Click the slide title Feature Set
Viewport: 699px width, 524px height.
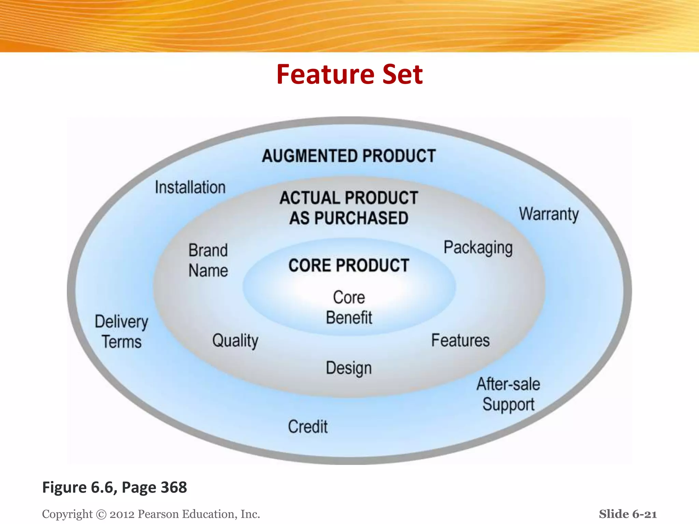[349, 74]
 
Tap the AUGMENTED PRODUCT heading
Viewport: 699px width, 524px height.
[349, 156]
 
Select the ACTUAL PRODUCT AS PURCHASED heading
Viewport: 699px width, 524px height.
[349, 208]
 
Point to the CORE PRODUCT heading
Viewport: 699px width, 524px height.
[349, 265]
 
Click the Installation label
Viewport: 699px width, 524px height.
[190, 187]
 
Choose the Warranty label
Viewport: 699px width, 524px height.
[549, 214]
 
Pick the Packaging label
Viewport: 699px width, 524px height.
[478, 248]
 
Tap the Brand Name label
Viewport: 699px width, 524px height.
[208, 260]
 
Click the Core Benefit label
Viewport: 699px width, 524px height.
[349, 307]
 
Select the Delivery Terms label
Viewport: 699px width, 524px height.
[122, 332]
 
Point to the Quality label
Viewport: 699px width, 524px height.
[235, 341]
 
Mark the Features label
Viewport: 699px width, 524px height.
[460, 340]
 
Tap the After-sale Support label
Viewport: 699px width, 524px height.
[508, 394]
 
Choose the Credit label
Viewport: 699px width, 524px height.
[308, 426]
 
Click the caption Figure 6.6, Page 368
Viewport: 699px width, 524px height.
[115, 487]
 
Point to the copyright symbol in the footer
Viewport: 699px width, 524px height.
[101, 514]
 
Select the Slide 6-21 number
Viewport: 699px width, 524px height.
[628, 514]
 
